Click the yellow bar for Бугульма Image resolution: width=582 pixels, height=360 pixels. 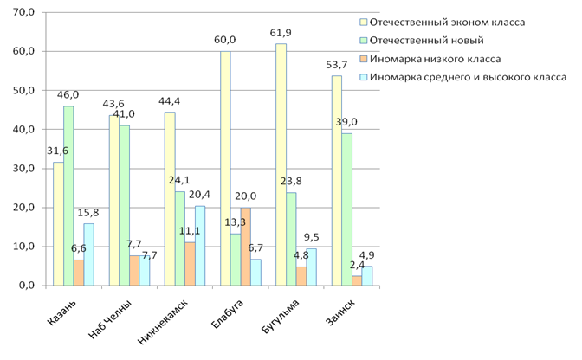click(x=281, y=164)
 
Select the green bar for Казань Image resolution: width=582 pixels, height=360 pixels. click(x=68, y=196)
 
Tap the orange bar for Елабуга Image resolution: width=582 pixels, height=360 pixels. click(x=246, y=246)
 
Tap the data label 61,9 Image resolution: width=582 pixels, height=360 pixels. click(x=281, y=33)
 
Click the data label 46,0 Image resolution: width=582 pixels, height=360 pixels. click(x=68, y=95)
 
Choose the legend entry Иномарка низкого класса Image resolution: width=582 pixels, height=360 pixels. click(x=435, y=58)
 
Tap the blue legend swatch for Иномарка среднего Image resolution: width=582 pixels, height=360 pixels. click(x=361, y=77)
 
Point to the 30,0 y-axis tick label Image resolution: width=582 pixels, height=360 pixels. click(x=22, y=168)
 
